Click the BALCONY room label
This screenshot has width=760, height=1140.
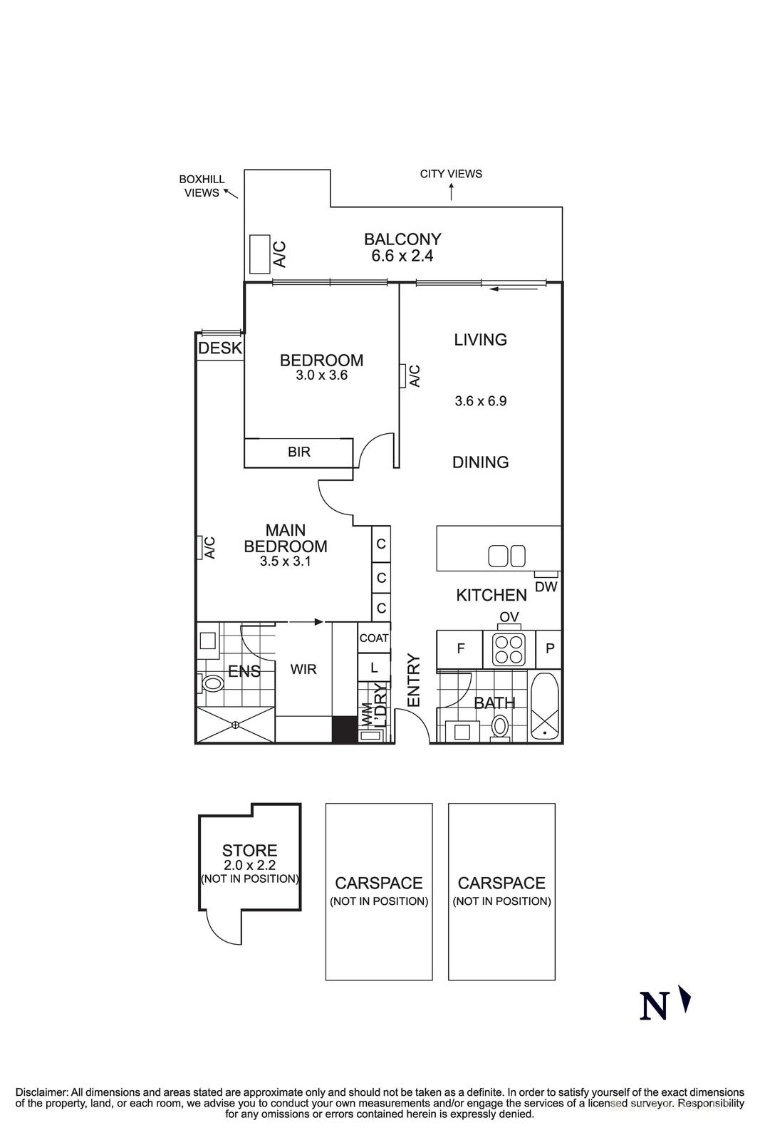coord(402,239)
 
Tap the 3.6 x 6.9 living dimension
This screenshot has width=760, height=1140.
coord(480,401)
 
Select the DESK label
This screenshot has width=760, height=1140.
coord(220,348)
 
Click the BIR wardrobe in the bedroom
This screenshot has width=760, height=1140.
coord(298,452)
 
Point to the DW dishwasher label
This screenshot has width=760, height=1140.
coord(546,587)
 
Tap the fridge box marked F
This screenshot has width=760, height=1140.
coord(460,649)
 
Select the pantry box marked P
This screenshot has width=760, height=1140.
coord(549,649)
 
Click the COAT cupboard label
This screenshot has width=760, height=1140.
coord(374,638)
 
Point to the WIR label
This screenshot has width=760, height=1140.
coord(303,670)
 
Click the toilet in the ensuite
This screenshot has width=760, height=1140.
coord(212,683)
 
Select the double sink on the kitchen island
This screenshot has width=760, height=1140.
coord(506,556)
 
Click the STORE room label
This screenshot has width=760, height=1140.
coord(249,850)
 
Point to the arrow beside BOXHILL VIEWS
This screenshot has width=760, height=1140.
coord(231,192)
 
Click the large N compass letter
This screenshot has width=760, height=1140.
coord(655,1006)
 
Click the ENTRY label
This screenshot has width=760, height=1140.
coord(414,680)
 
